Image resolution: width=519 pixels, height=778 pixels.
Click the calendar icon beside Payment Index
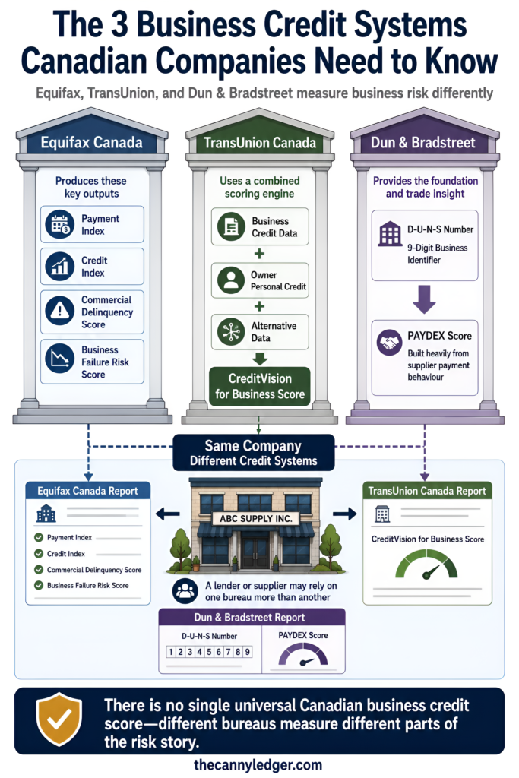pos(59,224)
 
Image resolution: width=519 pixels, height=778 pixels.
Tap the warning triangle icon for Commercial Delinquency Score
pos(59,311)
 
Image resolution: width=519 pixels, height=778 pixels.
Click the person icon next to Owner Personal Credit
pos(231,280)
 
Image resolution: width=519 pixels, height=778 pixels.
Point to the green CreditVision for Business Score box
pos(260,387)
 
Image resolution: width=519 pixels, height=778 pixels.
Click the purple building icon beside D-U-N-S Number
pos(390,233)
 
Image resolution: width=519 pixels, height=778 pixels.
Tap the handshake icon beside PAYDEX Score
pos(390,343)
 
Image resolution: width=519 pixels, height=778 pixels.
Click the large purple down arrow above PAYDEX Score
pos(424,299)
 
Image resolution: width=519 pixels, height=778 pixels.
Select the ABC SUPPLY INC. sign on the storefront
pos(255,518)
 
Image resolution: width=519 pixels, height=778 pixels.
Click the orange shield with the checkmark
pos(59,719)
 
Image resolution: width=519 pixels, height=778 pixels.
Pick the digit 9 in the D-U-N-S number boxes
pos(247,651)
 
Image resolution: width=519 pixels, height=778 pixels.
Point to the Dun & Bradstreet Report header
pos(252,617)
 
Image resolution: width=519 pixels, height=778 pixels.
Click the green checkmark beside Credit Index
pos(39,554)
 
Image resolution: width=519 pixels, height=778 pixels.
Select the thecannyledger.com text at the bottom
pos(258,764)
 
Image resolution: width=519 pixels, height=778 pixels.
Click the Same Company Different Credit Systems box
pos(254,453)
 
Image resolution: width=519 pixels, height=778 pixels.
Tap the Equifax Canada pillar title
pos(91,143)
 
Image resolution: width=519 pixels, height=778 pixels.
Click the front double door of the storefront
pos(255,552)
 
